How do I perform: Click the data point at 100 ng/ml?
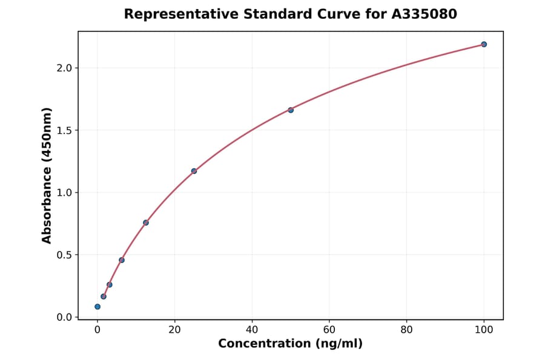[x=484, y=44]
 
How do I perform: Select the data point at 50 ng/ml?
[x=291, y=110]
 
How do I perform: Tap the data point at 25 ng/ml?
[x=194, y=171]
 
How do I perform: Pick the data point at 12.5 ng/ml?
[x=146, y=222]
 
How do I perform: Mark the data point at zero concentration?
[x=97, y=307]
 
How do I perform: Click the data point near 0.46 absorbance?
[x=122, y=260]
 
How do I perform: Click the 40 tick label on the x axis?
[x=252, y=330]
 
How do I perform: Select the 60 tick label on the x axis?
[x=329, y=330]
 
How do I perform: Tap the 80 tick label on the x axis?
[x=407, y=330]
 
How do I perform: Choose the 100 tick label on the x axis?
[x=484, y=330]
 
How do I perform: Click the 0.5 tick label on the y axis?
[x=64, y=255]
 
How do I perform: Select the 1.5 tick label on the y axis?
[x=64, y=130]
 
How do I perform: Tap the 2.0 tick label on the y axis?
[x=64, y=68]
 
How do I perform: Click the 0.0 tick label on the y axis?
[x=64, y=318]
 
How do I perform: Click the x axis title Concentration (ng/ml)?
[x=290, y=344]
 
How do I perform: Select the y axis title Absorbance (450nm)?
[x=47, y=175]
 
